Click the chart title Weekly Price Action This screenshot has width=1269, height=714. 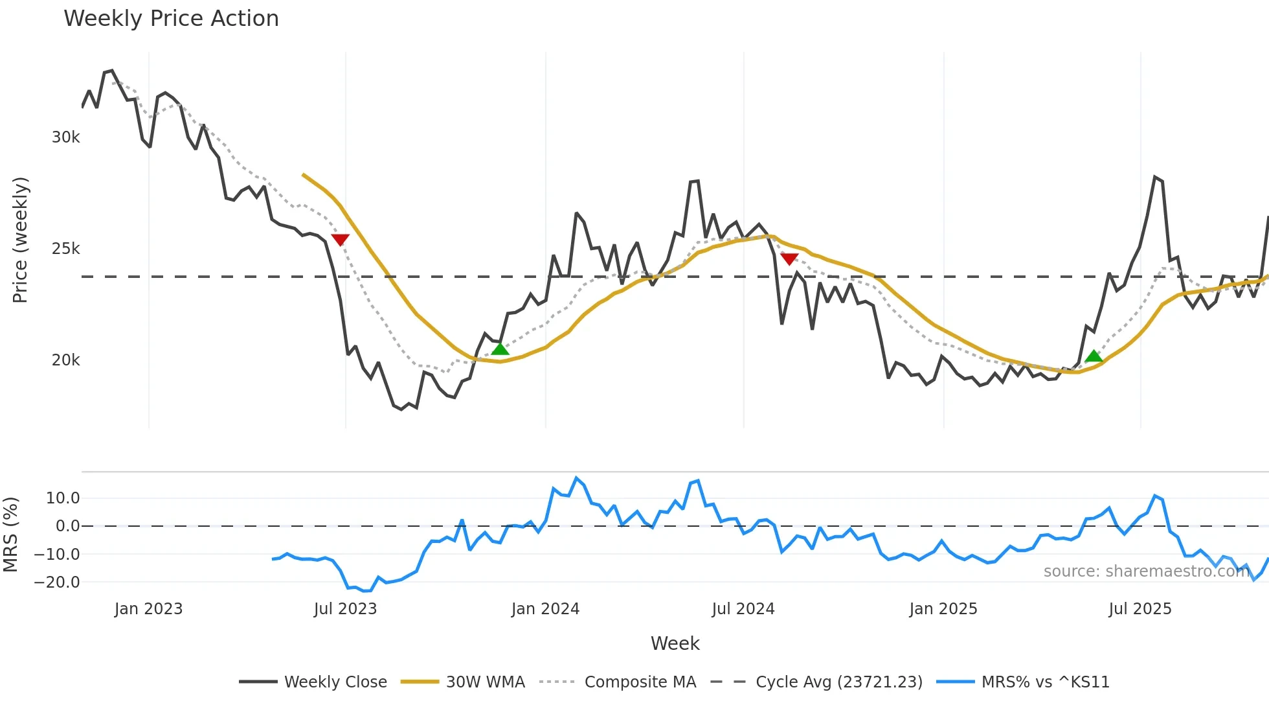(x=171, y=19)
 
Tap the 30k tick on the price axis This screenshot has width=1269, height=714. (x=65, y=137)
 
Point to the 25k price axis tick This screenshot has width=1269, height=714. (x=65, y=249)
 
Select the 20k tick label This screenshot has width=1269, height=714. (x=65, y=360)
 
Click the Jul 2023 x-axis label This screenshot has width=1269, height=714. (x=345, y=609)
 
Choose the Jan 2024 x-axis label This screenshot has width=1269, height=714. (x=545, y=609)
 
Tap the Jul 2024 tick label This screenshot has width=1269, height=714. (x=743, y=609)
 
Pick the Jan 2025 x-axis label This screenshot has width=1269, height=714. (x=943, y=609)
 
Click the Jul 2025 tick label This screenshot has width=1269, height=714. (x=1140, y=609)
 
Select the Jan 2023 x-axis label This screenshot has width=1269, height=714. (x=148, y=609)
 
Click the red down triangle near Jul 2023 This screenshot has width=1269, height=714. (x=340, y=239)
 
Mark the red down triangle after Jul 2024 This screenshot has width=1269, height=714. (x=789, y=259)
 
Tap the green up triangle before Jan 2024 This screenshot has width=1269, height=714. (x=500, y=349)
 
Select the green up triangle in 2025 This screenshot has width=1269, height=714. (x=1094, y=356)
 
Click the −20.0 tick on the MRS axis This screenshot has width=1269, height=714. (x=57, y=582)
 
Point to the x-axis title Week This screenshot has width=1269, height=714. (x=675, y=643)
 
